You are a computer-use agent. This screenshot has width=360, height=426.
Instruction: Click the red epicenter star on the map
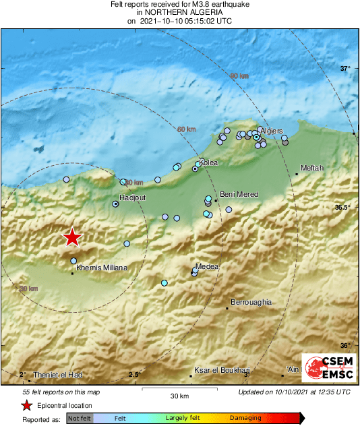(x=71, y=237)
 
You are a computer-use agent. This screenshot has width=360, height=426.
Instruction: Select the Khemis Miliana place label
(x=102, y=268)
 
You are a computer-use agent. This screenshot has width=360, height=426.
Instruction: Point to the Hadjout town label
(x=127, y=197)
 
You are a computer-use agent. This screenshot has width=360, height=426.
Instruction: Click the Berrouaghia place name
(x=251, y=303)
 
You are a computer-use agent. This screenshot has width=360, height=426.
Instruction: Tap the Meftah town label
(x=311, y=168)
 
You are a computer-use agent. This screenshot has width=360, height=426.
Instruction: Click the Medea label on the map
(x=207, y=267)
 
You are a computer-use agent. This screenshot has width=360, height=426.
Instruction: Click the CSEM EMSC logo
(x=327, y=369)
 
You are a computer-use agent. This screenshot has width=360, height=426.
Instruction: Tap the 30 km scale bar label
(x=179, y=395)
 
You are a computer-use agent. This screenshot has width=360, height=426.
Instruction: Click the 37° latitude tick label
(x=345, y=69)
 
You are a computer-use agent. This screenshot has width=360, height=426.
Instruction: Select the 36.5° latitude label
(x=342, y=207)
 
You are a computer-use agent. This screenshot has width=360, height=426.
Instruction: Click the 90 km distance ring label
(x=239, y=76)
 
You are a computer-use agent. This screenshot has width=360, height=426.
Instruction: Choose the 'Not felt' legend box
(x=79, y=418)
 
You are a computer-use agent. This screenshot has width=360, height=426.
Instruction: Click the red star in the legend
(x=26, y=406)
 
